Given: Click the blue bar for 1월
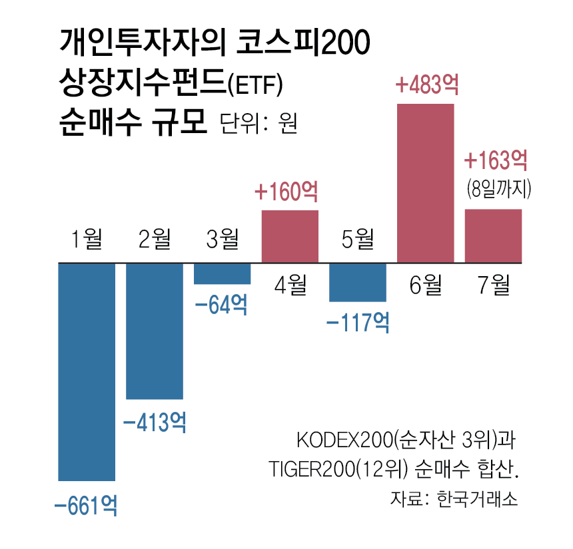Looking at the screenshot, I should [x=87, y=371].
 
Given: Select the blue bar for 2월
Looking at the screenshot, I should [x=155, y=330].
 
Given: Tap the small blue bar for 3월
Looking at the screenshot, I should [x=223, y=274].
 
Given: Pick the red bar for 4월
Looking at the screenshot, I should [x=290, y=236].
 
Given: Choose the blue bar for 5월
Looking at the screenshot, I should [x=358, y=282].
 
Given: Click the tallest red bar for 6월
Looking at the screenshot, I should [x=426, y=183].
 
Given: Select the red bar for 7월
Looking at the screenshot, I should [x=493, y=236].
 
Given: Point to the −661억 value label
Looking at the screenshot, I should [x=87, y=506].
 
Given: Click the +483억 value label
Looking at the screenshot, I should [x=427, y=86].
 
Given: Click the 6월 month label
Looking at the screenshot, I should [x=426, y=286].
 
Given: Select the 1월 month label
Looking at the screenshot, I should [x=87, y=238].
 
